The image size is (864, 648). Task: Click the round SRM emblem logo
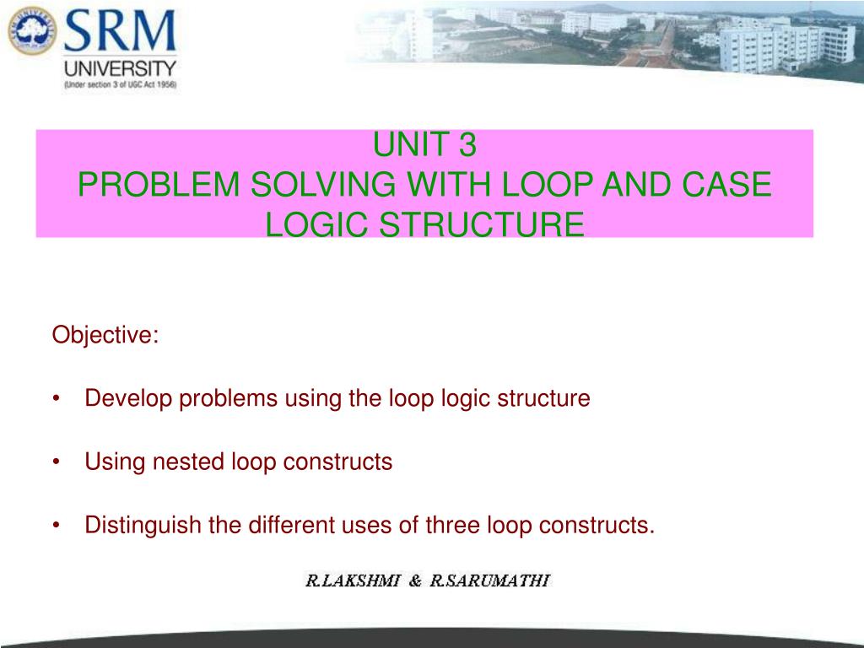click(33, 31)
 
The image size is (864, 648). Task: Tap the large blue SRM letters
click(120, 31)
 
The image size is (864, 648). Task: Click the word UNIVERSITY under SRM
click(120, 68)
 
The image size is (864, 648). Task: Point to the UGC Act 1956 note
click(120, 85)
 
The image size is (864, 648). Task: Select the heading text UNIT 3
click(424, 144)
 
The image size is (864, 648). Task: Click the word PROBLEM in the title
click(159, 184)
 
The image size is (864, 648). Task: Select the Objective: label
click(105, 335)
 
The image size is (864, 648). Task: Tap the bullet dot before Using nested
click(57, 462)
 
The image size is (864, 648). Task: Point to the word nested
click(188, 462)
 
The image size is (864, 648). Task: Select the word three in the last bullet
click(452, 525)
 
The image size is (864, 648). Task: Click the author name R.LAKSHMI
click(353, 580)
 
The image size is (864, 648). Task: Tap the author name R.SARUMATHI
click(490, 580)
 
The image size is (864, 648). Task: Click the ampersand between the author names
click(415, 580)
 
